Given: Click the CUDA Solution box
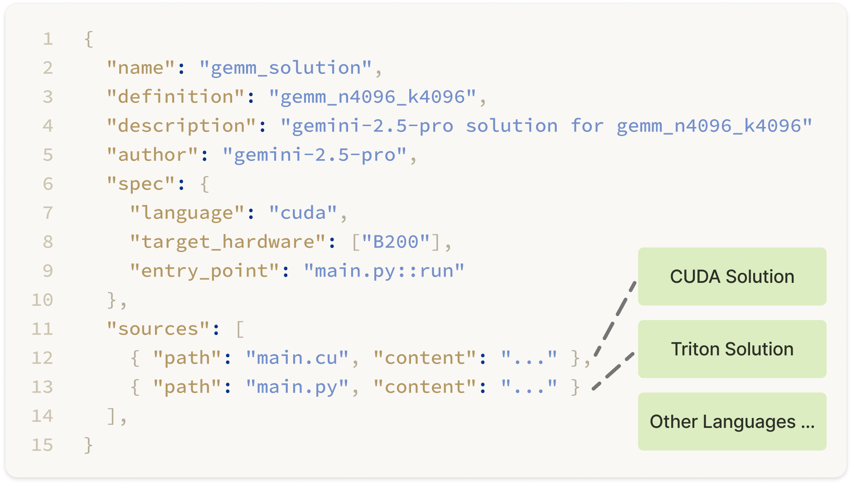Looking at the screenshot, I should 732,276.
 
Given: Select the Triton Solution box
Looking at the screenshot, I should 732,349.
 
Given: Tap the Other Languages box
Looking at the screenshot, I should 732,422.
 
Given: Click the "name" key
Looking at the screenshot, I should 141,68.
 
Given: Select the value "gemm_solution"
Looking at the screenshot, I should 286,68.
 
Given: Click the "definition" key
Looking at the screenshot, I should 175,97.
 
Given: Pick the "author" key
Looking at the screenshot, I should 152,155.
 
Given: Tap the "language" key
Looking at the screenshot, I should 187,213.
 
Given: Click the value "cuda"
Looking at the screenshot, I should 303,213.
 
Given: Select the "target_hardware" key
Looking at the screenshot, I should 228,242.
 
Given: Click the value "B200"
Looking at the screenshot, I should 395,242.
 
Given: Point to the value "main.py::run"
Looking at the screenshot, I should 384,271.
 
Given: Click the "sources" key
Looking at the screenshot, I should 158,329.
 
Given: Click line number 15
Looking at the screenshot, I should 42,445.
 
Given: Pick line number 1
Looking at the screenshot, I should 48,39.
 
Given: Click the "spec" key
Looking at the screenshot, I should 141,184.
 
